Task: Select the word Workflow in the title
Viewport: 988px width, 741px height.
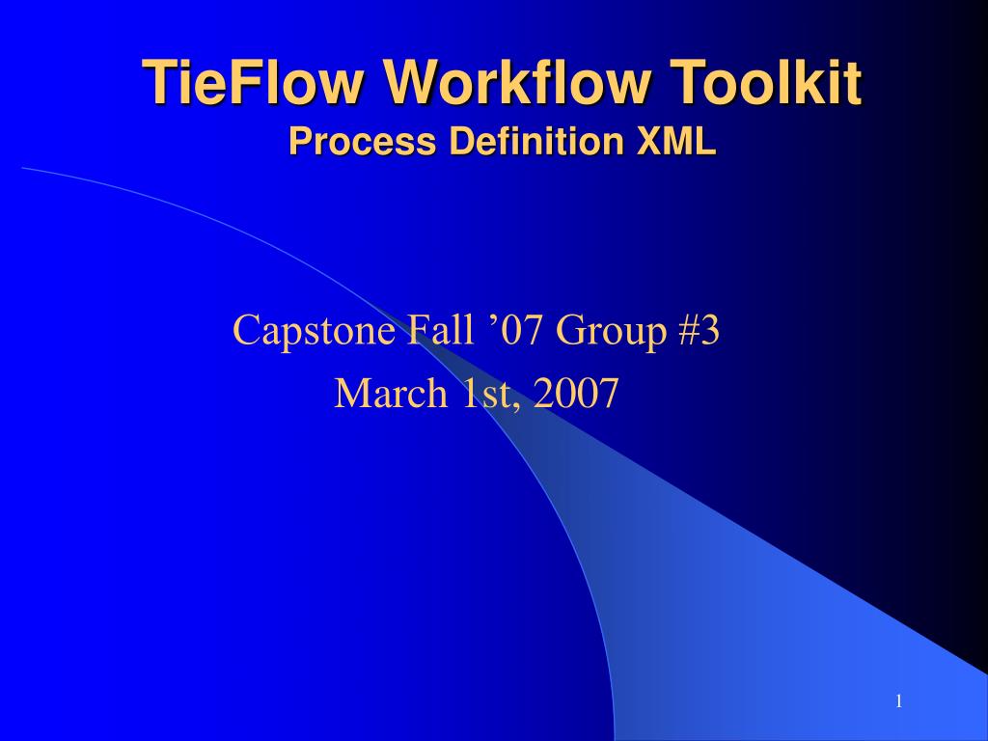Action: pyautogui.click(x=518, y=82)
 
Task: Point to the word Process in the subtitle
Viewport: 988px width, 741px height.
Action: pyautogui.click(x=362, y=141)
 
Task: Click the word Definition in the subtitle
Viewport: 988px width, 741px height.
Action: pyautogui.click(x=537, y=141)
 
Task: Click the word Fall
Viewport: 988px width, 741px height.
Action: pyautogui.click(x=440, y=329)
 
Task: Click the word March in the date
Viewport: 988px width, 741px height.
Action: pyautogui.click(x=391, y=394)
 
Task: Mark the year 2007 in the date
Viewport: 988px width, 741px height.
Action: pyautogui.click(x=575, y=394)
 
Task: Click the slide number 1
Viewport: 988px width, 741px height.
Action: pyautogui.click(x=899, y=701)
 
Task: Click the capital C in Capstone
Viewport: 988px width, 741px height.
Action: pyautogui.click(x=246, y=329)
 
